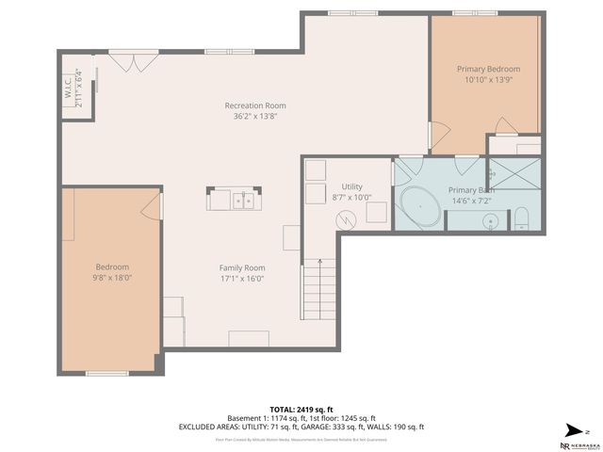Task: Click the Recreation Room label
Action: click(254, 105)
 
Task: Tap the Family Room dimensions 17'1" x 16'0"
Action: click(242, 278)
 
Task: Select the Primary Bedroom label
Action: click(488, 69)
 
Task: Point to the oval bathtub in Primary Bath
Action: click(418, 205)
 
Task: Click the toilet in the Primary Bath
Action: click(524, 221)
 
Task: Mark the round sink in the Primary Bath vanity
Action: click(489, 221)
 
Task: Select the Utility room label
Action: click(352, 187)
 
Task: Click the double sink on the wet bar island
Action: click(242, 200)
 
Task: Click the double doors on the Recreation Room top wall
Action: click(127, 61)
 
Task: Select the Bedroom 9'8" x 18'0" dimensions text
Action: click(112, 278)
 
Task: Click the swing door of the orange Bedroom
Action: click(151, 209)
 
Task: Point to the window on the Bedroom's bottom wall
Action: click(106, 374)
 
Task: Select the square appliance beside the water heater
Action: click(376, 214)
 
